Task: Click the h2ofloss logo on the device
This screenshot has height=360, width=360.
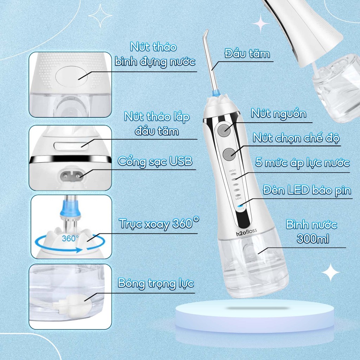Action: click(246, 232)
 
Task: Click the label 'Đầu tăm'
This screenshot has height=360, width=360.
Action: click(247, 54)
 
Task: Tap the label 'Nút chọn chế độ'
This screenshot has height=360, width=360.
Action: click(296, 138)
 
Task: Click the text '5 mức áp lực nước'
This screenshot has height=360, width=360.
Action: click(302, 163)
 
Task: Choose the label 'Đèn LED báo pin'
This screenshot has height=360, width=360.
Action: click(307, 190)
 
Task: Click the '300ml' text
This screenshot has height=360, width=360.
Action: click(313, 239)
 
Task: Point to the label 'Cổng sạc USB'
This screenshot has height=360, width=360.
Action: click(155, 161)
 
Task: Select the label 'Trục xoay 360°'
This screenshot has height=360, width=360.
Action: click(159, 223)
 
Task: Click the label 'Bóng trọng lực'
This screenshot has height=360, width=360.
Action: click(156, 283)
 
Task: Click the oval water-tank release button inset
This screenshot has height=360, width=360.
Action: click(72, 77)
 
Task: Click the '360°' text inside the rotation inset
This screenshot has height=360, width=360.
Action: click(70, 238)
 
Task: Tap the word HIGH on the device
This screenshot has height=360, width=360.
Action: click(232, 171)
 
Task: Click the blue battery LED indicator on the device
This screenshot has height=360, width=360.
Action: click(240, 206)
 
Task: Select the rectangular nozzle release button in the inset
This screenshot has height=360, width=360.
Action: click(71, 146)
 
